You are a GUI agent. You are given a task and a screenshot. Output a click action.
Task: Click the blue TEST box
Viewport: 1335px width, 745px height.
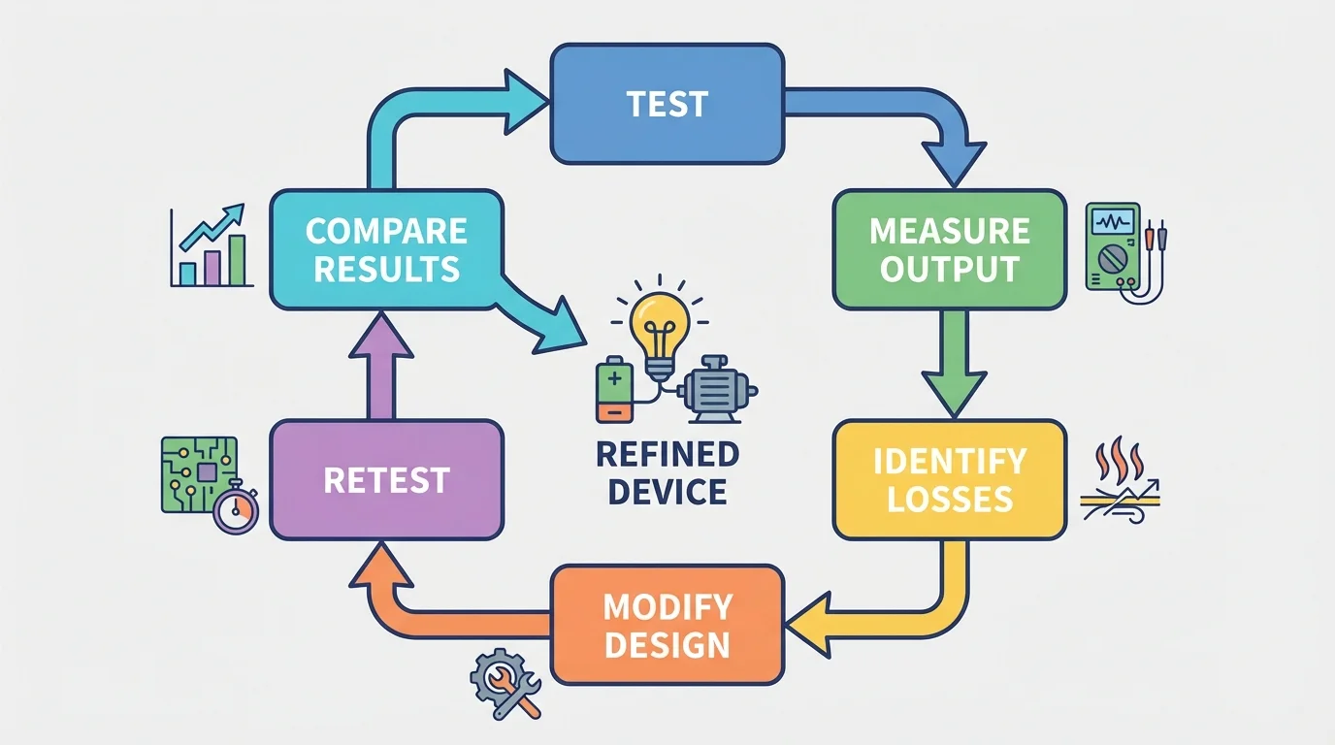point(667,104)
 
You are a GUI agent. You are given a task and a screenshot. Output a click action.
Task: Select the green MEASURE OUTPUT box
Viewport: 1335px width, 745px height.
point(949,249)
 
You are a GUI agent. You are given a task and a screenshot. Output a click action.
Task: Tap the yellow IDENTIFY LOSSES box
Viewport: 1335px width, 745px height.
point(949,479)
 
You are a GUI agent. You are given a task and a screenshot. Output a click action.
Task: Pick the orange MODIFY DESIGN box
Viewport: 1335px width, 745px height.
point(667,625)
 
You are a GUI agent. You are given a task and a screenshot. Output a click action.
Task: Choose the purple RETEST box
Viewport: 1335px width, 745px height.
point(386,479)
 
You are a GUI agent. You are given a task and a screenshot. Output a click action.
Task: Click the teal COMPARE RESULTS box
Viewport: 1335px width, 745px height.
point(386,249)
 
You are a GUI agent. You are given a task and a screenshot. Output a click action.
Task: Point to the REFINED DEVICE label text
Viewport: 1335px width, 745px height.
point(667,472)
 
